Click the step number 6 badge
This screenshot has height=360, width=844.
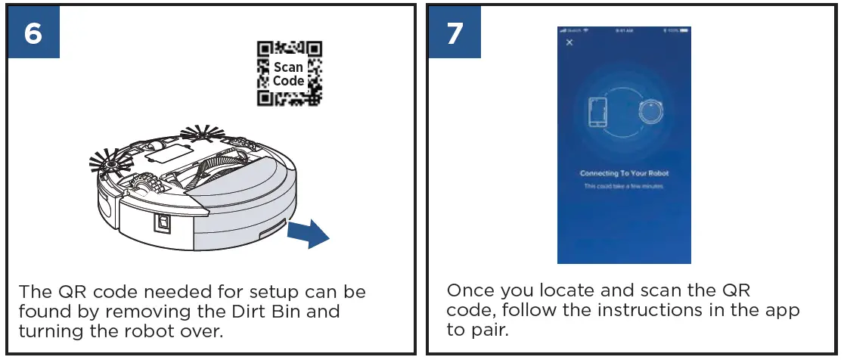coord(33,34)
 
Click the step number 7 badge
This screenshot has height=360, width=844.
coord(454,34)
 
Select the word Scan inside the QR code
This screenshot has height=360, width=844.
coord(288,67)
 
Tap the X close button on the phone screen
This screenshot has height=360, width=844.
coord(569,42)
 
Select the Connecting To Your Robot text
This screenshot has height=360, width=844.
coord(624,173)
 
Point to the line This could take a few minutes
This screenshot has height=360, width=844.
coord(624,186)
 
